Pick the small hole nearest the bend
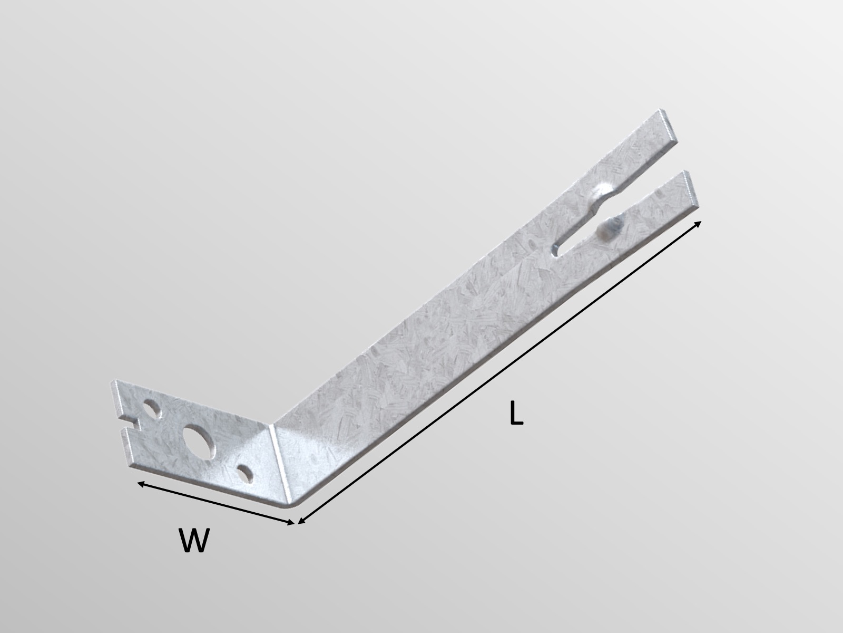244,471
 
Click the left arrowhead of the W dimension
140,483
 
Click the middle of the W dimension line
215,503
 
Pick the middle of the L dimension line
499,373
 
